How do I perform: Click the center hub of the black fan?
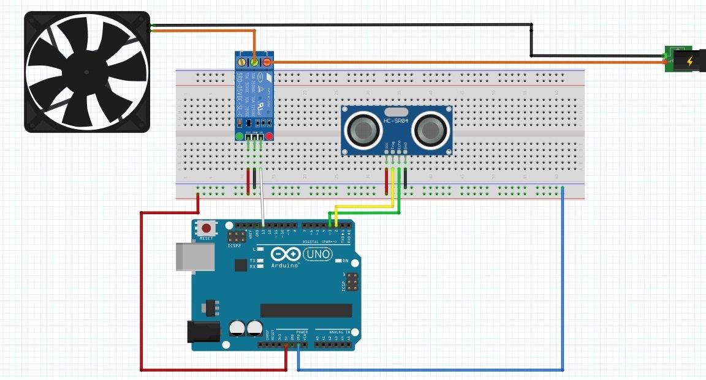(x=87, y=72)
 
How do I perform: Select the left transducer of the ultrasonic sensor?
(x=364, y=130)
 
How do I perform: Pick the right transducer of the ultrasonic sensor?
(x=430, y=130)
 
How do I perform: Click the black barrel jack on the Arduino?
(x=203, y=332)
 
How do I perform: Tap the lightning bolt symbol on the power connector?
(x=691, y=61)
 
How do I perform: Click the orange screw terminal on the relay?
(x=267, y=62)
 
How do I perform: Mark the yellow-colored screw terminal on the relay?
(x=254, y=62)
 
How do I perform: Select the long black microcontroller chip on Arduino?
(x=306, y=310)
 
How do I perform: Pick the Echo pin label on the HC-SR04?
(x=399, y=146)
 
